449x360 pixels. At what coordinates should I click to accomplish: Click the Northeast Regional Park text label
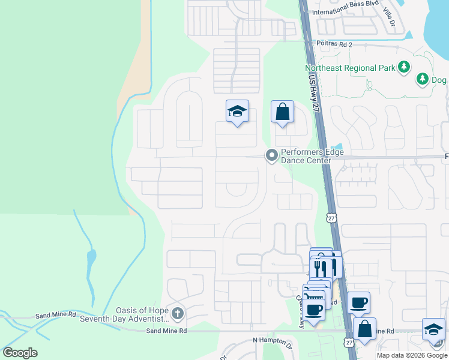349,68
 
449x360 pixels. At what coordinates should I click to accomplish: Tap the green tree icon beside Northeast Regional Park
405,67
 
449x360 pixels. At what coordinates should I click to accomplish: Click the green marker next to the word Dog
423,79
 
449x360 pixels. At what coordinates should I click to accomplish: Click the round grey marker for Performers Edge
272,156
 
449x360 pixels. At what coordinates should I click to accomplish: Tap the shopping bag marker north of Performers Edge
282,112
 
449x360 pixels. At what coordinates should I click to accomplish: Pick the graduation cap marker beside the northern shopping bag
238,112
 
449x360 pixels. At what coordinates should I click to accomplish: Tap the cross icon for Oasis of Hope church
177,313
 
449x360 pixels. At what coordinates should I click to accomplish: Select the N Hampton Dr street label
271,340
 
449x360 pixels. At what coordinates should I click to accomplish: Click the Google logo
20,353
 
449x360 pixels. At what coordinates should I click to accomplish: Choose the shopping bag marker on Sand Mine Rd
364,329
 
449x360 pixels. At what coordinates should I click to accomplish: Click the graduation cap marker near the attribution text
433,330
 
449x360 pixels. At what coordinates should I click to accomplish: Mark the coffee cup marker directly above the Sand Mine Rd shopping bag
358,303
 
